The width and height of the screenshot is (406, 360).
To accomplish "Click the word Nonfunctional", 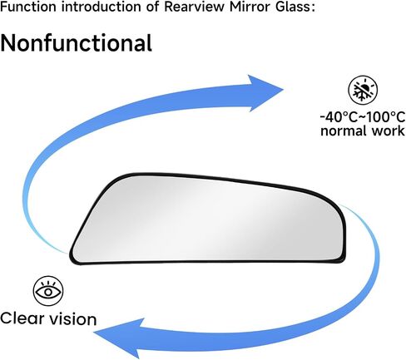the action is tap(76, 43).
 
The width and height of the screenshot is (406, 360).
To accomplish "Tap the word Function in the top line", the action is tap(28, 7).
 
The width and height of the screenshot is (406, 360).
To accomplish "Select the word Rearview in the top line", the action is tap(194, 7).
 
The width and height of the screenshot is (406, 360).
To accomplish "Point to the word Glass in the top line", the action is tap(295, 7).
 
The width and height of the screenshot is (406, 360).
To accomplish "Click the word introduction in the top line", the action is tap(101, 7).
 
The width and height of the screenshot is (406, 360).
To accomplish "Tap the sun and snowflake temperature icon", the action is tap(363, 91).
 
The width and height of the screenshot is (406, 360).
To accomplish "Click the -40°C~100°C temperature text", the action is tap(363, 117).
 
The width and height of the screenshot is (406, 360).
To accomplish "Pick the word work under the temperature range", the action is tap(389, 131).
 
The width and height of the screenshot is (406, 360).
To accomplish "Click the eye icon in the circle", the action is tap(48, 291).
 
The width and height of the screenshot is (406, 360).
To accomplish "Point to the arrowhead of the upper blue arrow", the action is tap(264, 92).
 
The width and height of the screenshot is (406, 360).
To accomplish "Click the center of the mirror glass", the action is tap(207, 219).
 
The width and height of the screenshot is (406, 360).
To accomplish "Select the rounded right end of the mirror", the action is tap(344, 235).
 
